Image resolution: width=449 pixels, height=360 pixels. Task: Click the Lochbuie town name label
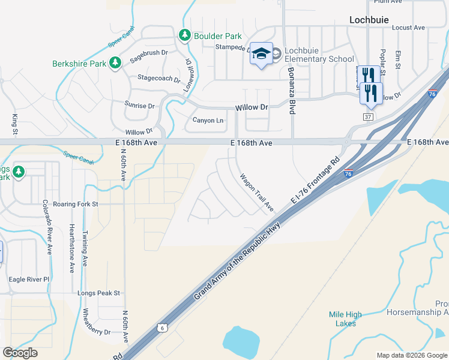tap(370, 19)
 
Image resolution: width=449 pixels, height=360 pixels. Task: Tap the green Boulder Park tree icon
tap(185, 36)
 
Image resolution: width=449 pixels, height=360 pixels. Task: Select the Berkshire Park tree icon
tap(115, 63)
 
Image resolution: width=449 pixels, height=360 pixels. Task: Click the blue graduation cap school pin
tap(261, 54)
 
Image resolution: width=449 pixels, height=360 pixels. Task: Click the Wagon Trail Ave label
tap(257, 193)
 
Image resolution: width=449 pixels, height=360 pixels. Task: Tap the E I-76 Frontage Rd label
tap(315, 180)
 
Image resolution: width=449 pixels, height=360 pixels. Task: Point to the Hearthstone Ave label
tap(71, 248)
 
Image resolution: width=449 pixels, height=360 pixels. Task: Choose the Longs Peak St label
tap(99, 293)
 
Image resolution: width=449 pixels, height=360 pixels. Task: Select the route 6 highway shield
tap(162, 327)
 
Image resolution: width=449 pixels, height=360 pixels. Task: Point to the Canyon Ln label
tap(208, 121)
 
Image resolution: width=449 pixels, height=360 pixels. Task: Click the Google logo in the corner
tap(20, 352)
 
